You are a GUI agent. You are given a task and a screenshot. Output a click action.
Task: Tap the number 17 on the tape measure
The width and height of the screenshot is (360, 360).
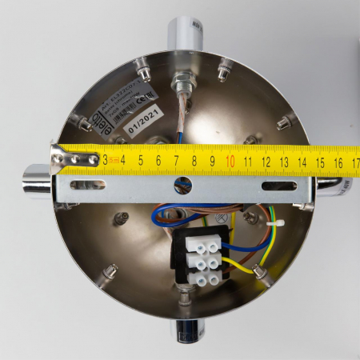coord(354,163)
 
